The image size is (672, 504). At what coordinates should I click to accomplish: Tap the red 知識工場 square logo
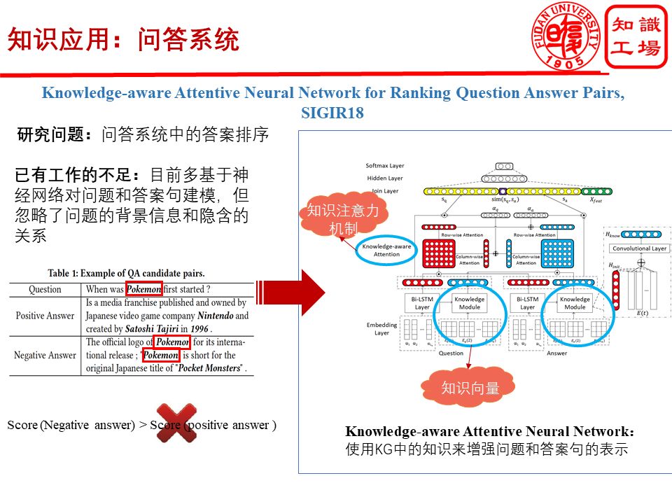pyautogui.click(x=636, y=36)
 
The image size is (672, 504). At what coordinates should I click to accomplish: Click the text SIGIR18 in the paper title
pyautogui.click(x=332, y=113)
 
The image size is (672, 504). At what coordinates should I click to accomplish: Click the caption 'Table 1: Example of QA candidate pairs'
pyautogui.click(x=127, y=273)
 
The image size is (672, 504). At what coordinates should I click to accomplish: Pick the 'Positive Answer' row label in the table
pyautogui.click(x=45, y=316)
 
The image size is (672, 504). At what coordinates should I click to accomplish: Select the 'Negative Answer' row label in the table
pyautogui.click(x=45, y=355)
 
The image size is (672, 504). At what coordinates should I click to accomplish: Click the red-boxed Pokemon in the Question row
pyautogui.click(x=144, y=289)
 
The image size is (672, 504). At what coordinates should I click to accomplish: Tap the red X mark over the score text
pyautogui.click(x=176, y=423)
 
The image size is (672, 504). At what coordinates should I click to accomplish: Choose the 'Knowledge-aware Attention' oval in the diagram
pyautogui.click(x=387, y=250)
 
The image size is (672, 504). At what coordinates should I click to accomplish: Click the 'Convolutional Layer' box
pyautogui.click(x=640, y=248)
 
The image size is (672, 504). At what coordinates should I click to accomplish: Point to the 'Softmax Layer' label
pyautogui.click(x=385, y=166)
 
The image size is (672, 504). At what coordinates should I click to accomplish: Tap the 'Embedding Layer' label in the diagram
pyautogui.click(x=382, y=329)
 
